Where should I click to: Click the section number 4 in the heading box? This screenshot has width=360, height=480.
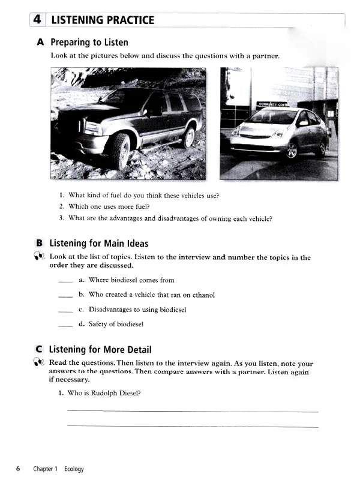click(x=37, y=20)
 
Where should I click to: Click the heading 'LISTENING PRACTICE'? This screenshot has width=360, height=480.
click(x=103, y=20)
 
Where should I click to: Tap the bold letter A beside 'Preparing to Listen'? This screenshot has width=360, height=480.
click(x=40, y=43)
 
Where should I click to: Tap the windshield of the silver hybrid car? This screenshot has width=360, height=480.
click(x=272, y=117)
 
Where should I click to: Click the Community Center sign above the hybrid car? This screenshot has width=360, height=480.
click(x=274, y=104)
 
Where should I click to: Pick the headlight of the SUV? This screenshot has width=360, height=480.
click(x=92, y=127)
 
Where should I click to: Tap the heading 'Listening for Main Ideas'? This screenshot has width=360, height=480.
click(x=98, y=243)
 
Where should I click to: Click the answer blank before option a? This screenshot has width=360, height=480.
click(x=65, y=280)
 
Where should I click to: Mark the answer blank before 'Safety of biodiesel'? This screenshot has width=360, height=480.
click(x=65, y=325)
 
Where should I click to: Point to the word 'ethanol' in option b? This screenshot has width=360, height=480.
click(x=203, y=295)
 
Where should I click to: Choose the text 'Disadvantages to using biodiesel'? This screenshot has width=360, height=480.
click(x=137, y=310)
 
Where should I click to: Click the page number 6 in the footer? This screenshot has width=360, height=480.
click(x=19, y=469)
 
